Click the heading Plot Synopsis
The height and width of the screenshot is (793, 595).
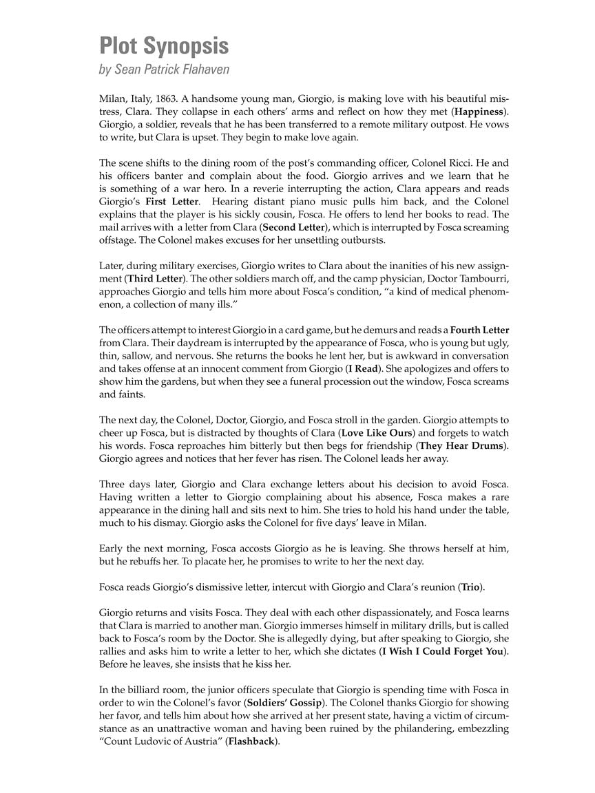[x=164, y=46]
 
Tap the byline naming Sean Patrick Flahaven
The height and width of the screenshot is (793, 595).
[x=165, y=69]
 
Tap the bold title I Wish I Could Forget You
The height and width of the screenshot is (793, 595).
[x=443, y=651]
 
